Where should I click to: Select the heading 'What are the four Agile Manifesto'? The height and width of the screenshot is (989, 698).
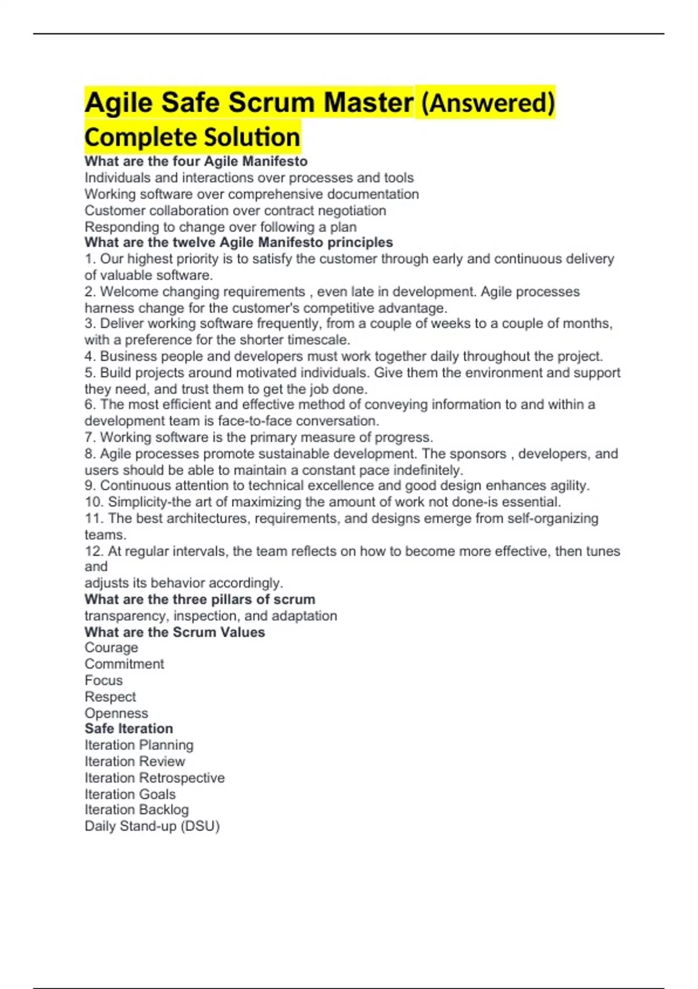click(196, 161)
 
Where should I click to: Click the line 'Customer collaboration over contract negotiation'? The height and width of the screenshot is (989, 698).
click(235, 211)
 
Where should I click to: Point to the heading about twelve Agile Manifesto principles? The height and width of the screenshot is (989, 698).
click(238, 243)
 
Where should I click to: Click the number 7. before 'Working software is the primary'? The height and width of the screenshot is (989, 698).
click(90, 437)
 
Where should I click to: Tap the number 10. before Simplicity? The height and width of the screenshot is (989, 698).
click(94, 502)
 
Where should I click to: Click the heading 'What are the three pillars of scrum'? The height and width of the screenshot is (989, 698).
click(200, 599)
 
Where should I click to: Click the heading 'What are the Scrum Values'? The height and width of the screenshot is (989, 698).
click(174, 632)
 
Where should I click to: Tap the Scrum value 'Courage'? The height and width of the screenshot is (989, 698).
click(111, 648)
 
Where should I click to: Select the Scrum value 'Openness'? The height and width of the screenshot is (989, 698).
click(116, 713)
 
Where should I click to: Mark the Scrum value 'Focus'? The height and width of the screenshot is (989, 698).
click(104, 681)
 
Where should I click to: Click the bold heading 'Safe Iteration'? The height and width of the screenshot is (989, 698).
click(129, 729)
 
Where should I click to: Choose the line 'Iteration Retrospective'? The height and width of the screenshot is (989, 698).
click(154, 778)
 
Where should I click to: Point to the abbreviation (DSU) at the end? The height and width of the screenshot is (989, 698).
click(200, 826)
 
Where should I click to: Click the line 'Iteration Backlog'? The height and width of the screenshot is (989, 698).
click(136, 810)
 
